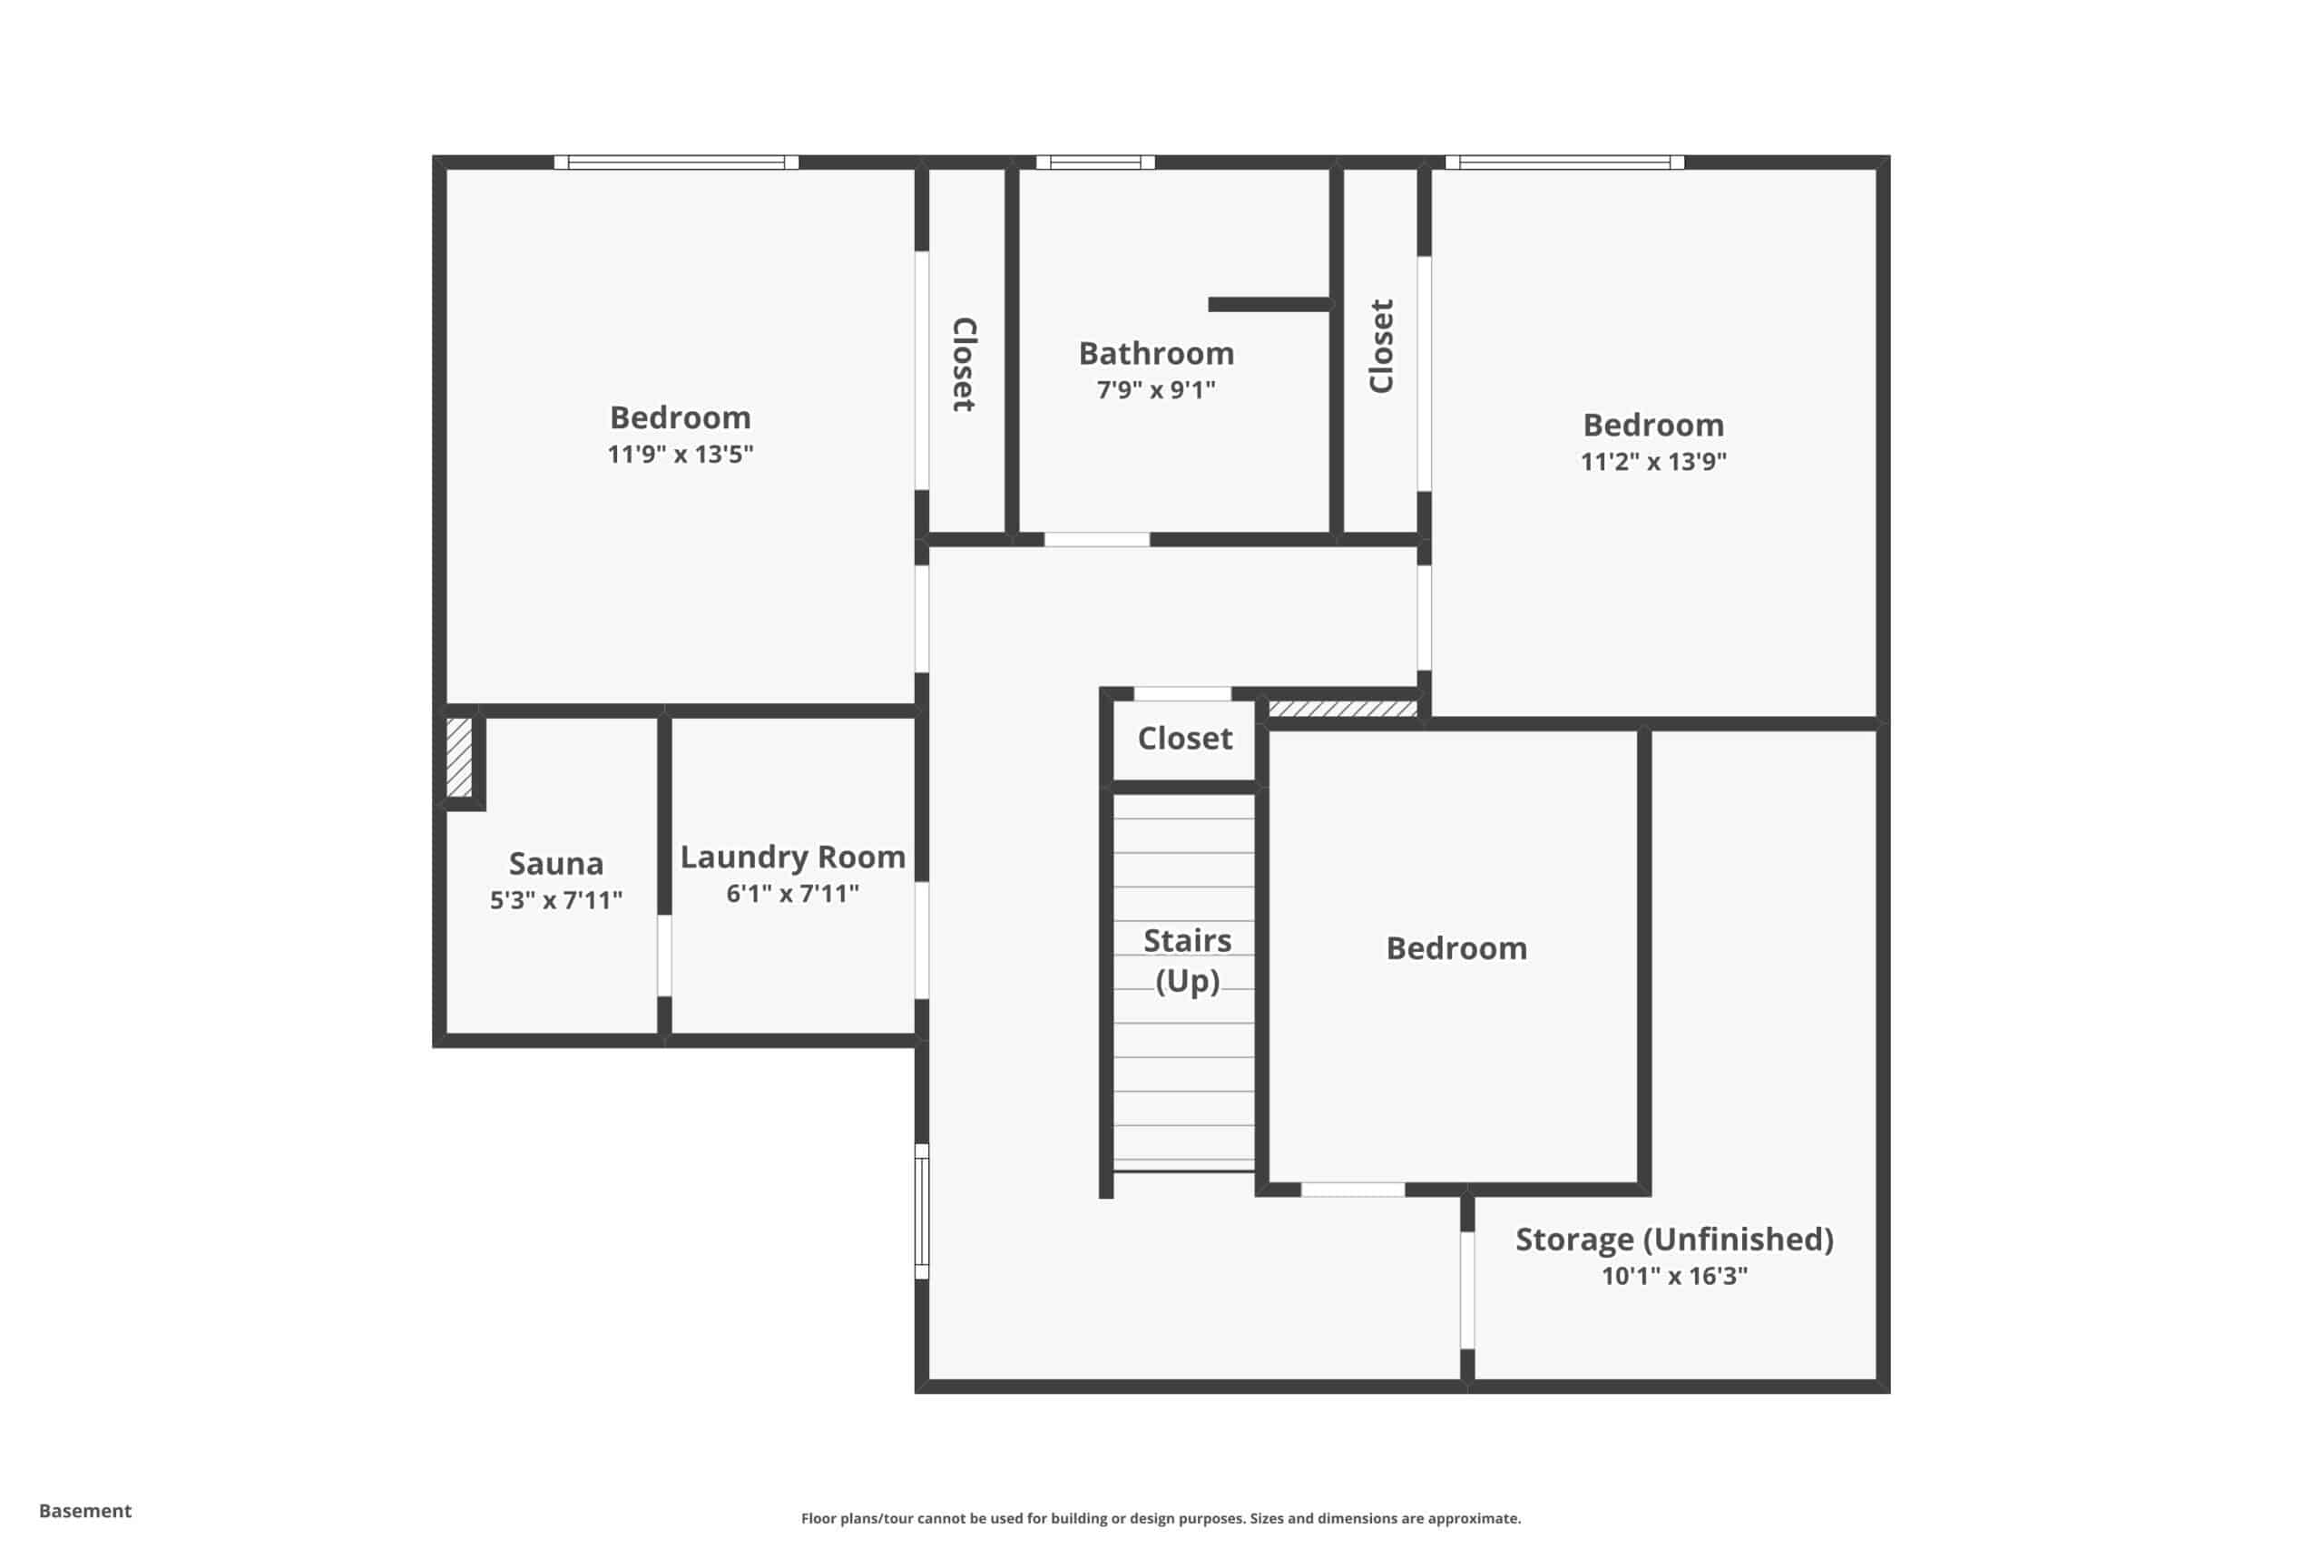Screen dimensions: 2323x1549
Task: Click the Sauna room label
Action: click(555, 863)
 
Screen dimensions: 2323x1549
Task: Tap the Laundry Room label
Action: click(792, 858)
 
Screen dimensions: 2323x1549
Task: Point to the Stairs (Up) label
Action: click(1187, 960)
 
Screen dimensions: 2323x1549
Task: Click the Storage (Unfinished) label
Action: click(1674, 1240)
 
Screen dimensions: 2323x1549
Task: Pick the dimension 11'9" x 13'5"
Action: click(680, 454)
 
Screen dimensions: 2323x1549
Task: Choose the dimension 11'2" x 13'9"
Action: click(1653, 461)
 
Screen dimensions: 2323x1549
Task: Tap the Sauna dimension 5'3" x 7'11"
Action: click(556, 900)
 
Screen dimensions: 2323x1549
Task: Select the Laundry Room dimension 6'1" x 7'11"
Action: click(792, 894)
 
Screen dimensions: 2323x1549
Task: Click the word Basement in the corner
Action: click(85, 1511)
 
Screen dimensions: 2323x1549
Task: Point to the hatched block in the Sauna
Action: click(458, 757)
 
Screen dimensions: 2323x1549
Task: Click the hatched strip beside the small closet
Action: click(1342, 709)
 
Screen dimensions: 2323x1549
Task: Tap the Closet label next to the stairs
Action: click(1184, 739)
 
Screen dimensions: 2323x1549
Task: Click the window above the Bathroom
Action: click(1095, 162)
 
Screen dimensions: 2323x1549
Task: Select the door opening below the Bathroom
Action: click(1097, 539)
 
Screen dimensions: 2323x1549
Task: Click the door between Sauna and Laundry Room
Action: click(665, 956)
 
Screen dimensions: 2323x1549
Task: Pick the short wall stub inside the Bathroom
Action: click(1269, 304)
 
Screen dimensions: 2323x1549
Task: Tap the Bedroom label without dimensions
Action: click(1456, 948)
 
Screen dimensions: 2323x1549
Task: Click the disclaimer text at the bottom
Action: click(1161, 1518)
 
